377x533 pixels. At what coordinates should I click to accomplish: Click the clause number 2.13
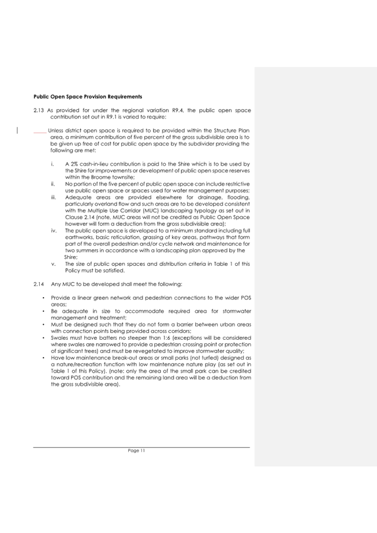pyautogui.click(x=39, y=110)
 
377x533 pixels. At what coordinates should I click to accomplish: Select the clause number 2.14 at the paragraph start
pyautogui.click(x=39, y=284)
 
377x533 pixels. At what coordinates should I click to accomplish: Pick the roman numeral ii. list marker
pyautogui.click(x=53, y=183)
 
